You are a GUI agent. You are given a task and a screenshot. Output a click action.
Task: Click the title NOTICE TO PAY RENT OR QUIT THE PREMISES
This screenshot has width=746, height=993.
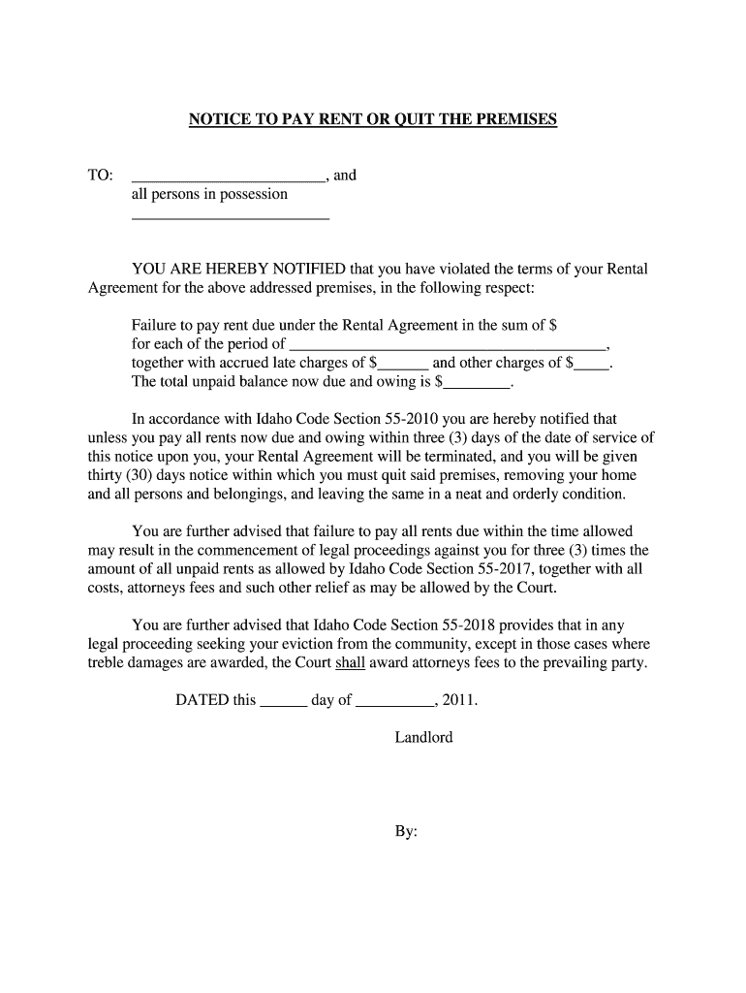(373, 119)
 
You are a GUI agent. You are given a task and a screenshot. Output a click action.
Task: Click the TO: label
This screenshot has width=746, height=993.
(101, 176)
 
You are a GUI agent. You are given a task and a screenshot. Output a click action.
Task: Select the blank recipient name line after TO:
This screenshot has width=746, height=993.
(229, 179)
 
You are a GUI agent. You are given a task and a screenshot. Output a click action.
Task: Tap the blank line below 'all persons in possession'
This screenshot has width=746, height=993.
(230, 221)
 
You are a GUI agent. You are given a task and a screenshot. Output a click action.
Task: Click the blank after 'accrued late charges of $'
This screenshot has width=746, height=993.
(402, 368)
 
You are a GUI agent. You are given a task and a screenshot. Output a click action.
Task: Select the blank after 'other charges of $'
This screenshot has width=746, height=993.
(593, 368)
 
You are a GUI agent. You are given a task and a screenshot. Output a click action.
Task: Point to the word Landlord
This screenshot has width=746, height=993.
(423, 737)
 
